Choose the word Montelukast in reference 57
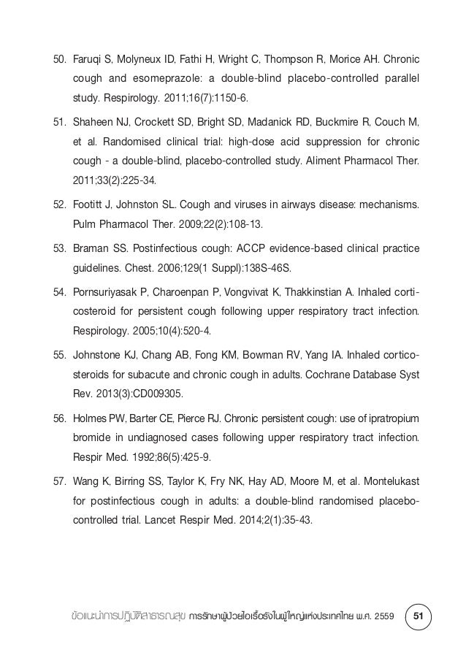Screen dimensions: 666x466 pos(389,485)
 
